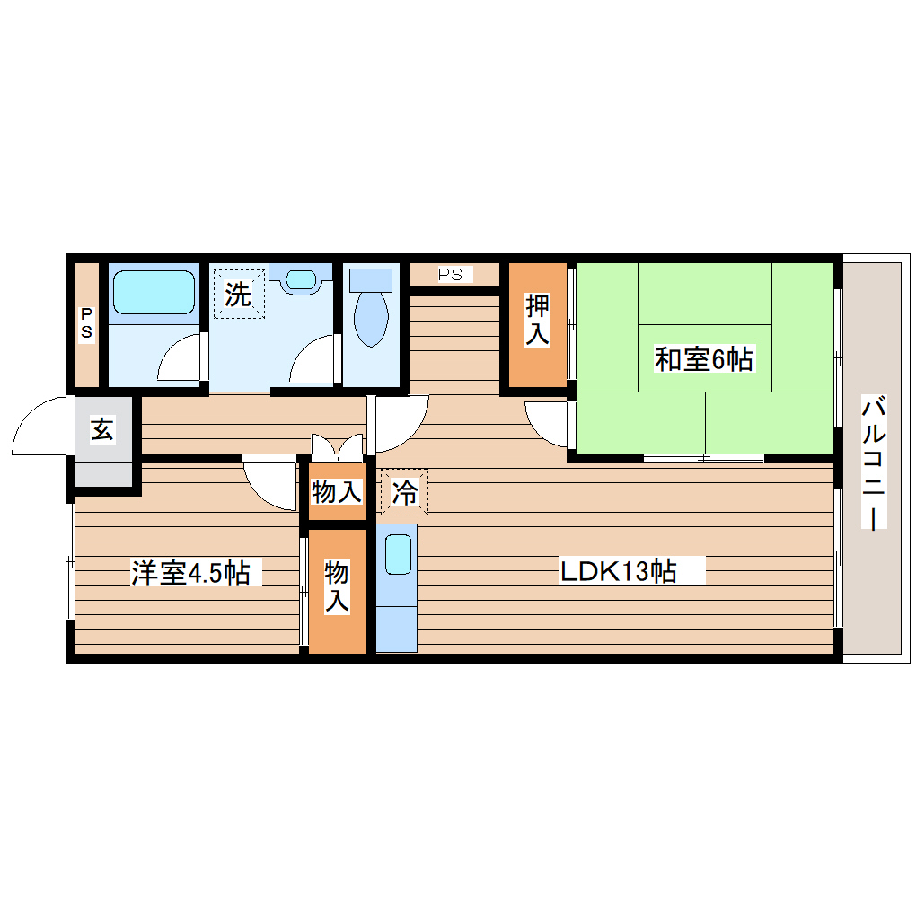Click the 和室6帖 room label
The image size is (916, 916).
[x=703, y=359]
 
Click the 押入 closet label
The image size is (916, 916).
[x=537, y=321]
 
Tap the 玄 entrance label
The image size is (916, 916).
[x=102, y=430]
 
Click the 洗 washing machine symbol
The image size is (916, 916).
[x=239, y=294]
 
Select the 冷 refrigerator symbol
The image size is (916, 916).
[x=404, y=492]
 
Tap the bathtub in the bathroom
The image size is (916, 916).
[x=154, y=291]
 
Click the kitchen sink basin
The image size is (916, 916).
[x=396, y=554]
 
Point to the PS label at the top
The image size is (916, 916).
[x=452, y=274]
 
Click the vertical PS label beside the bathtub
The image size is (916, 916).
[x=87, y=323]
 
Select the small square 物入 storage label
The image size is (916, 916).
[x=337, y=491]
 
